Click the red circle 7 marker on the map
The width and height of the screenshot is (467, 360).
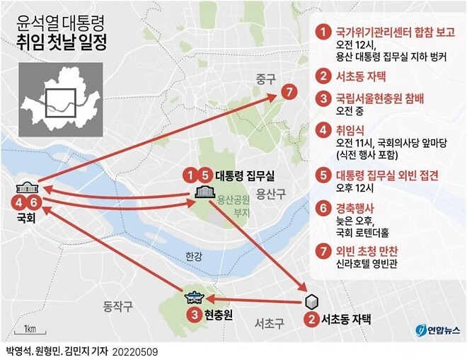[x=287, y=92]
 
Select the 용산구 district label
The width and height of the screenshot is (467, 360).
[x=270, y=193]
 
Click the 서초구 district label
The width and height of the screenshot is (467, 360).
[x=270, y=323]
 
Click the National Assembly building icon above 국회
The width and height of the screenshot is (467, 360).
[x=26, y=187]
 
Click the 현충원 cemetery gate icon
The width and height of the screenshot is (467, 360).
[x=193, y=298]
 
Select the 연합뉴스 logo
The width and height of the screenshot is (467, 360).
[x=437, y=330]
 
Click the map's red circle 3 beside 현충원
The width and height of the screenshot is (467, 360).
[x=192, y=315]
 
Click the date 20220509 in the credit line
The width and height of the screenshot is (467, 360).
[x=136, y=351]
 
